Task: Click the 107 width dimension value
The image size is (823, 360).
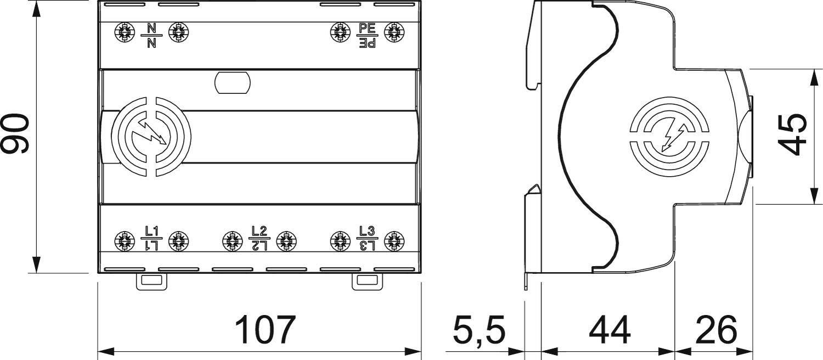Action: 265,330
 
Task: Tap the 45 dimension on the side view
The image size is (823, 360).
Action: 793,135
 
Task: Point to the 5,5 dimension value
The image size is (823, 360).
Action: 478,330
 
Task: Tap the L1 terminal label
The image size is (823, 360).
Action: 151,238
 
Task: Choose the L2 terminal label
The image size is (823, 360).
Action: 259,238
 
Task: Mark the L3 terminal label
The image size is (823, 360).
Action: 367,238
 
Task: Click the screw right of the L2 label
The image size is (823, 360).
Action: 285,240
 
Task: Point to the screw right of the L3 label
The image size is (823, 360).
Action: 393,240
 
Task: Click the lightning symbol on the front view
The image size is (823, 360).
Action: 151,137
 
